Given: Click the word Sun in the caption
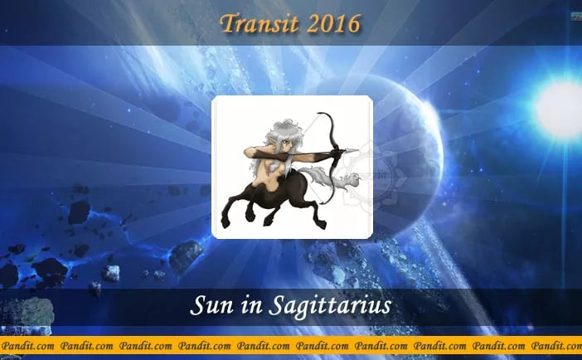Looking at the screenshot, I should click(x=207, y=306).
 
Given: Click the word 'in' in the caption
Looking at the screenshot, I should click(x=247, y=306).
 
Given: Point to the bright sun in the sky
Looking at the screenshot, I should click(x=560, y=105).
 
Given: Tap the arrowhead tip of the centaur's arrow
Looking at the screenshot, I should click(x=355, y=150).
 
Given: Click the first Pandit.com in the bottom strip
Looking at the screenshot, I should click(x=27, y=344).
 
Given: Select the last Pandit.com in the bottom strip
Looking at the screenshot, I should click(x=555, y=344).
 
